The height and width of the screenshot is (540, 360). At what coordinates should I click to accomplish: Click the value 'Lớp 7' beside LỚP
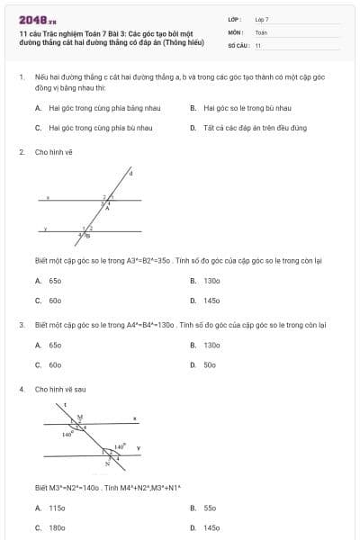262,19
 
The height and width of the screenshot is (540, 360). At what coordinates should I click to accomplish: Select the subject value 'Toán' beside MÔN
261,31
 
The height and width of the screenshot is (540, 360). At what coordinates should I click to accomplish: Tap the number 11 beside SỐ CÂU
258,44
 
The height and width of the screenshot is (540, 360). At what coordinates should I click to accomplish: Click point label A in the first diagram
108,207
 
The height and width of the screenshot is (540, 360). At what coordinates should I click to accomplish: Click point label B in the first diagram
87,236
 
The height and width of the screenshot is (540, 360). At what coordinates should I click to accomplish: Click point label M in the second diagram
79,416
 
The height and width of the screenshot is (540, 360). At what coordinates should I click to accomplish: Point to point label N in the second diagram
107,463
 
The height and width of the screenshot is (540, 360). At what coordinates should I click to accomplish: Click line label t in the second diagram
66,407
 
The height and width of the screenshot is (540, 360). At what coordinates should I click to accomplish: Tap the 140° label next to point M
67,435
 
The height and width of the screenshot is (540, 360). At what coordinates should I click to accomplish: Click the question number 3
21,324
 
